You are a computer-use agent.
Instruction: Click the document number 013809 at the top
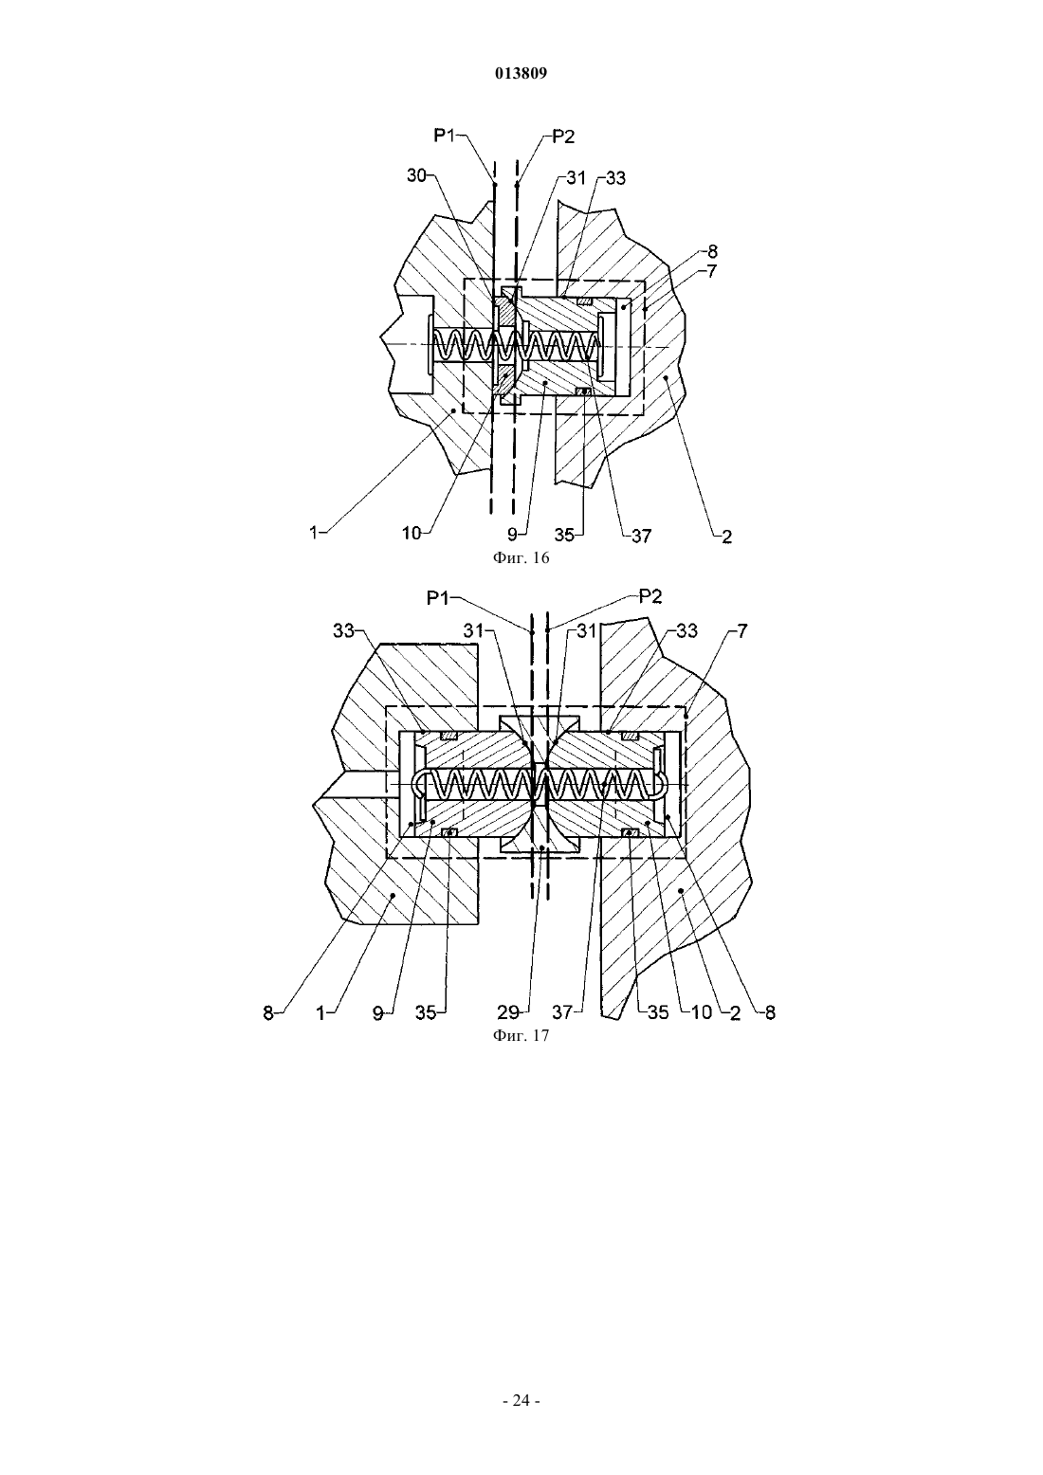click(x=521, y=74)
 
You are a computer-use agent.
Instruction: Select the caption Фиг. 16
click(x=521, y=558)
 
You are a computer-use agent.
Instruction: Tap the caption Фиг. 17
click(x=521, y=1036)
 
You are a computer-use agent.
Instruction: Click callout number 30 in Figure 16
click(x=416, y=175)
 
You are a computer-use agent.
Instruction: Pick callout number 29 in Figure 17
click(x=508, y=1012)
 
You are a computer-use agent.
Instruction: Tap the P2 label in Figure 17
click(x=650, y=596)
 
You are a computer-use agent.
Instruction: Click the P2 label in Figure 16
click(x=563, y=137)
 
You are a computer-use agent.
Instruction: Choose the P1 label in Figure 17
click(x=438, y=598)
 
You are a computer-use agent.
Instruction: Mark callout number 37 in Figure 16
click(x=641, y=537)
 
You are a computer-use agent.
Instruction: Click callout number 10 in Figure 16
click(x=412, y=534)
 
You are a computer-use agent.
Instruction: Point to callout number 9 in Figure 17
click(x=377, y=1013)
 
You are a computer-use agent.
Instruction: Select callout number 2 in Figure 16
click(x=727, y=537)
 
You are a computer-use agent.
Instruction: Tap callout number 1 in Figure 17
click(x=320, y=1013)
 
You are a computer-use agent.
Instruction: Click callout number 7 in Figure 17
click(x=742, y=631)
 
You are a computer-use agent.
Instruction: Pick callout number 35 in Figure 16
click(x=564, y=536)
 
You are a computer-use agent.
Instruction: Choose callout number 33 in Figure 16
click(x=615, y=178)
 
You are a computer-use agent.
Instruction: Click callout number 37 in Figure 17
click(x=562, y=1012)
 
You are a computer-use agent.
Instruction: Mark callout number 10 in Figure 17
click(x=702, y=1012)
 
